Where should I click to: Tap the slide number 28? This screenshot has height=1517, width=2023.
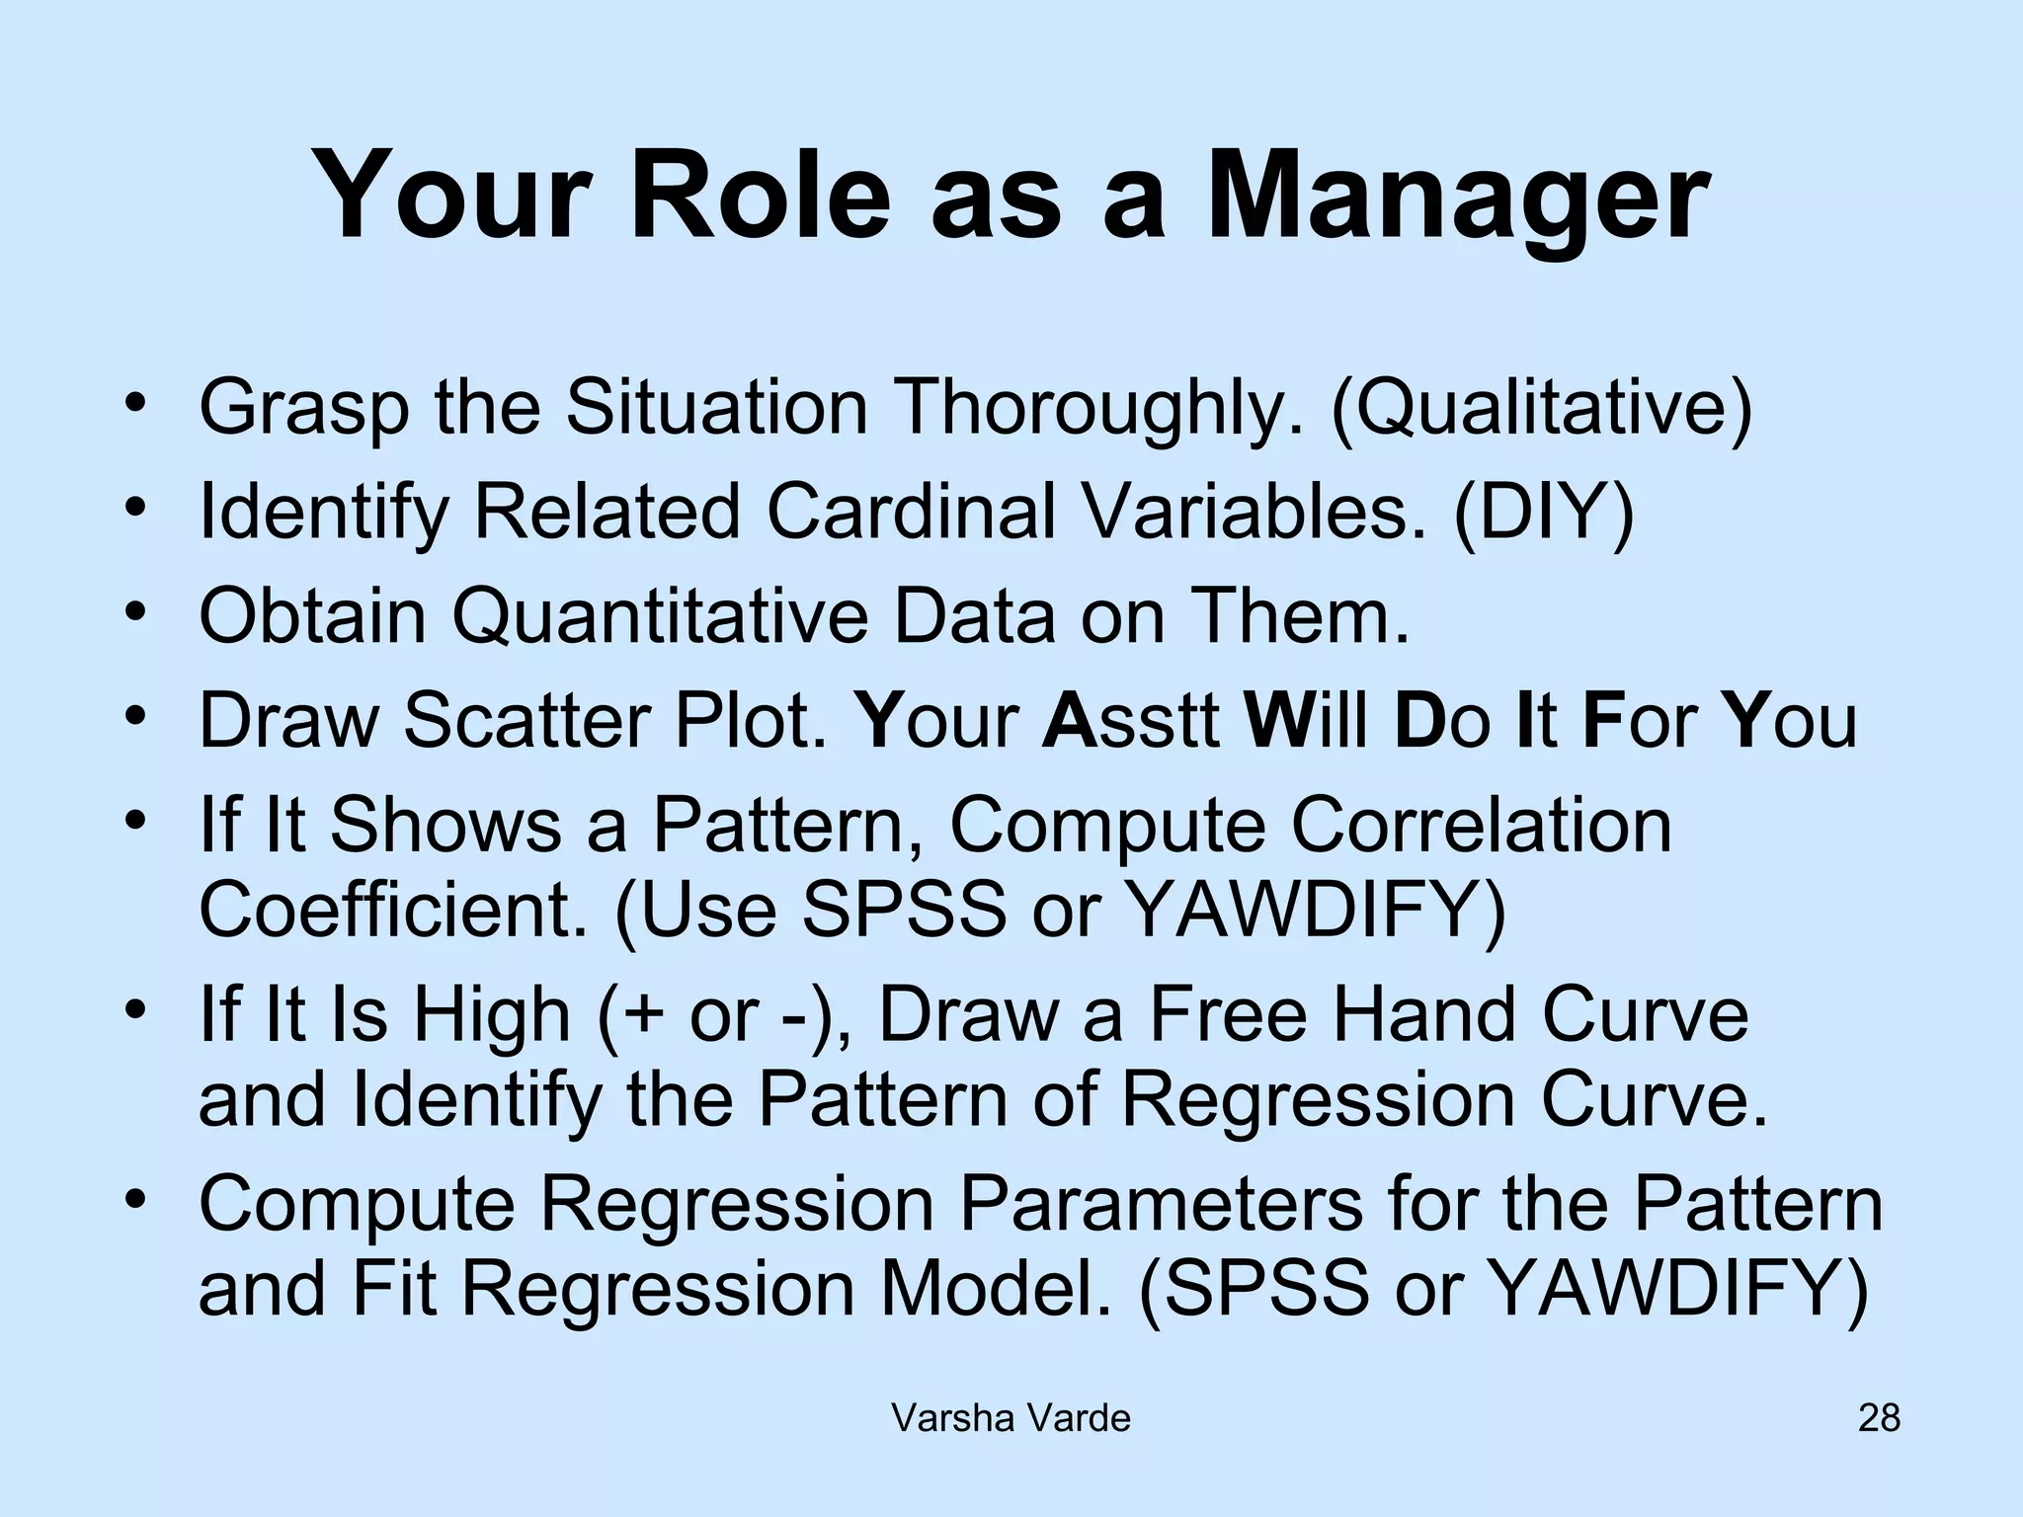click(1879, 1418)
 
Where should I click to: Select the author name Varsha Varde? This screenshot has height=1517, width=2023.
click(1011, 1418)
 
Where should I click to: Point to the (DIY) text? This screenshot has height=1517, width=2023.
click(1544, 512)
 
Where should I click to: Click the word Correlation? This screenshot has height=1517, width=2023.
click(1482, 824)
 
